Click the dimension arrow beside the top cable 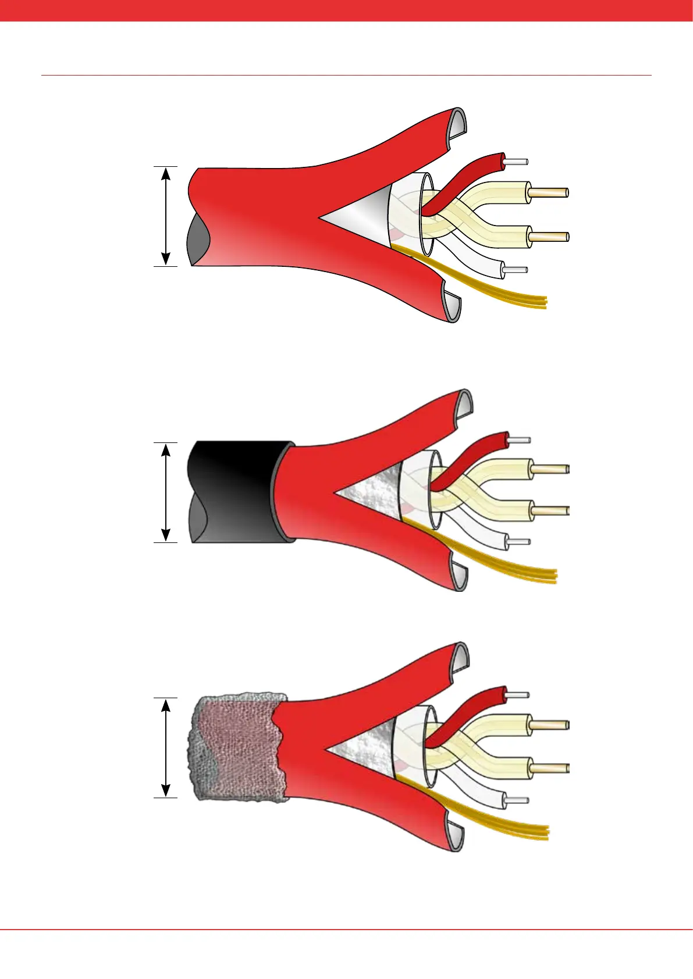(x=166, y=216)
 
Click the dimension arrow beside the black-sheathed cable (x=166, y=492)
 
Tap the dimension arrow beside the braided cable (x=166, y=747)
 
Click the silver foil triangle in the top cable (x=361, y=216)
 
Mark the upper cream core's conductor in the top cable (x=548, y=192)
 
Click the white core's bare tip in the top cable (x=515, y=270)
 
